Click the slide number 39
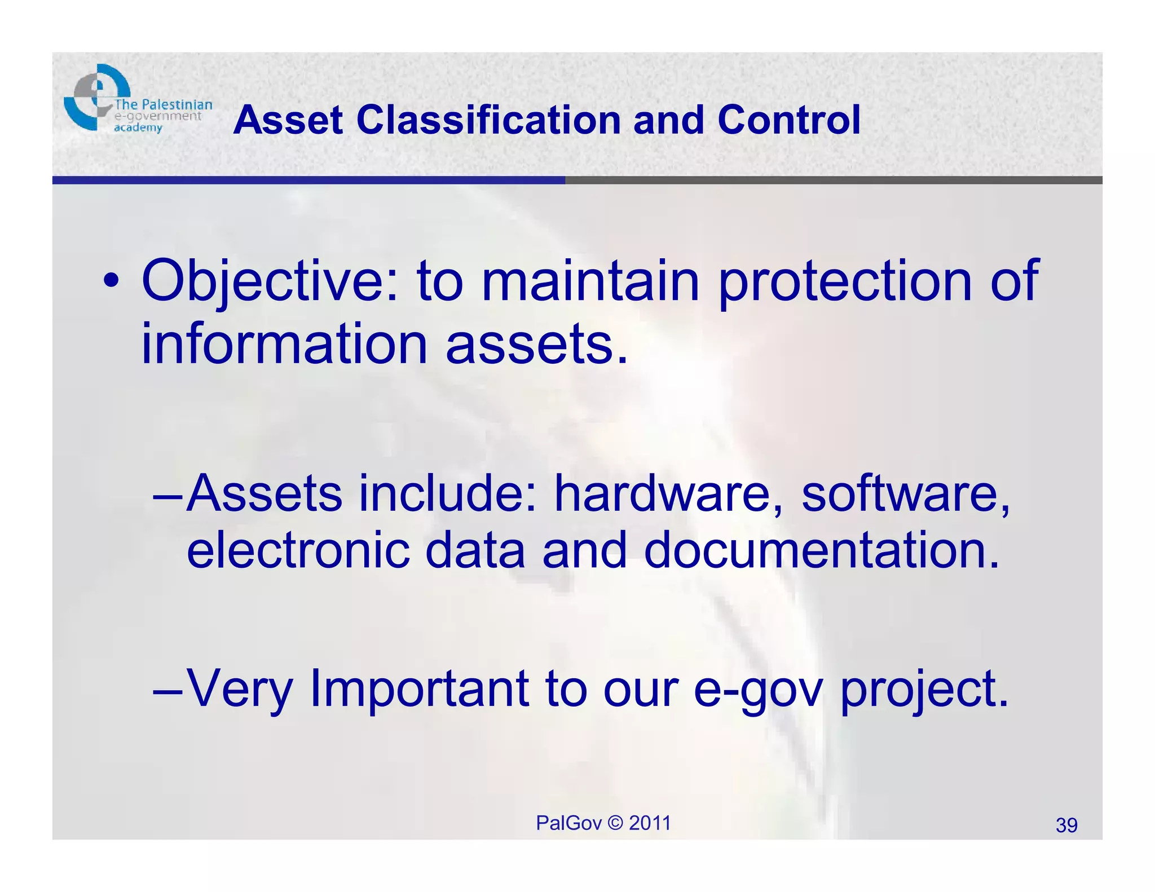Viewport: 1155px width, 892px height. [1066, 825]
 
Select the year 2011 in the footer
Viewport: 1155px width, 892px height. [650, 823]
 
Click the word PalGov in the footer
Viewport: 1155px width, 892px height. [568, 823]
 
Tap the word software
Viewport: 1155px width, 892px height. [905, 493]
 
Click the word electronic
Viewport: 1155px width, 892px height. [298, 550]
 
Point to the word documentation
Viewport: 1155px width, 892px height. [822, 550]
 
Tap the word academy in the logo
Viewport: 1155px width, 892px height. [138, 128]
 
